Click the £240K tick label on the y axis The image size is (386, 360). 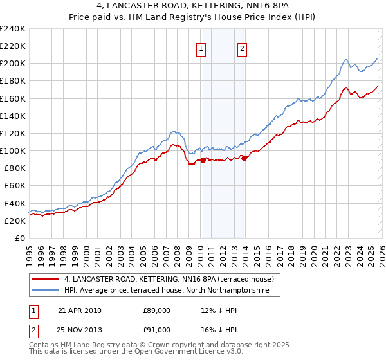tap(13, 29)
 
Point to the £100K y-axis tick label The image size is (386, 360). tap(13, 150)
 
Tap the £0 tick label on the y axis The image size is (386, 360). tap(20, 238)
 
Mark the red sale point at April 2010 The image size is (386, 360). tap(203, 160)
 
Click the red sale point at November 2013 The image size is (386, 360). tap(244, 159)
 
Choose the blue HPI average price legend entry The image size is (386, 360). tap(171, 291)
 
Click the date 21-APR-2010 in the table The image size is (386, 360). tap(79, 310)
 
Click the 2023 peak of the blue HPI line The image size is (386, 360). tap(346, 60)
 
